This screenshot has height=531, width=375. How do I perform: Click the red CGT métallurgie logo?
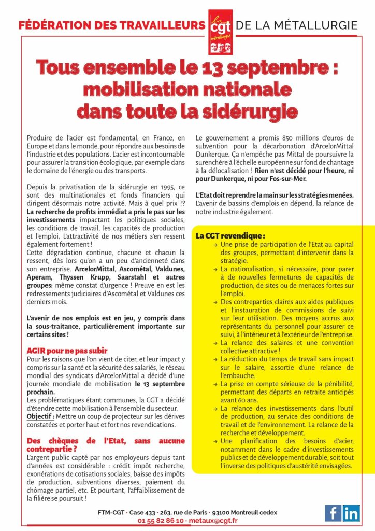coord(220,32)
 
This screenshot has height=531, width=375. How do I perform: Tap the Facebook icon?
coord(333,512)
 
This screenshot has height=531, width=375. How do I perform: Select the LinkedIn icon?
coord(351,512)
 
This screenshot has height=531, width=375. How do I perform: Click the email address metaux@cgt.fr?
coord(214,520)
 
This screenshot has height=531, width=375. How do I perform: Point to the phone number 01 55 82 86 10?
coord(161,520)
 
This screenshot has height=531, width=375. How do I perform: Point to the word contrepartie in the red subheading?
coord(51,449)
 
